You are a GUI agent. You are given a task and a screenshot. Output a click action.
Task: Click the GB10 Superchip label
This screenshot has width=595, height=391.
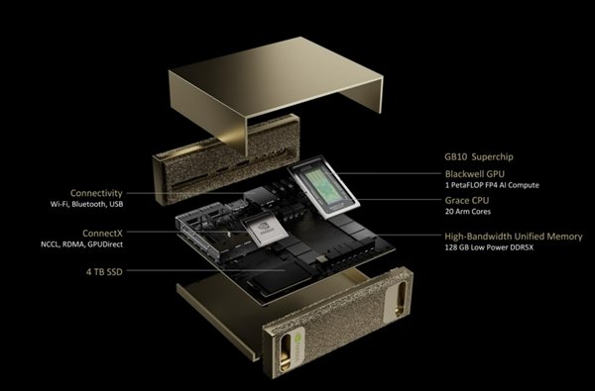tap(479, 156)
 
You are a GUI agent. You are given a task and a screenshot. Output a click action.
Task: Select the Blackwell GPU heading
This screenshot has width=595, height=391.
tap(475, 174)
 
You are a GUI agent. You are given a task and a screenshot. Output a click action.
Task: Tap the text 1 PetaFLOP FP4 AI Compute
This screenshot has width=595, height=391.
tap(492, 185)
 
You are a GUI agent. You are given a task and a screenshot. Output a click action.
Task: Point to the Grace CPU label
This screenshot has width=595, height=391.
tap(467, 200)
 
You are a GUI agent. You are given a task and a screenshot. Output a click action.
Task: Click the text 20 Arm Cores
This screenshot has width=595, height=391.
tap(467, 212)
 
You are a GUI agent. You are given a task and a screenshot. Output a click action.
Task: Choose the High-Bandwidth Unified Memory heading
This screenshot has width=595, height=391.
tap(514, 237)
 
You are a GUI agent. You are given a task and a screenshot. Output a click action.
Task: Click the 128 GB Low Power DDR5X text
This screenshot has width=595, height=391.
tap(489, 247)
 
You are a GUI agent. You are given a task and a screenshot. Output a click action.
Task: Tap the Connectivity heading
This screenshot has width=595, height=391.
tap(96, 193)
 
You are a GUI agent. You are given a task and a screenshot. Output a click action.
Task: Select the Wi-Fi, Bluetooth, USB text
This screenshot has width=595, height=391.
tap(87, 204)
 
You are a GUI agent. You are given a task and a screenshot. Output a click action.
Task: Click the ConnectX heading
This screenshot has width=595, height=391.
tap(102, 233)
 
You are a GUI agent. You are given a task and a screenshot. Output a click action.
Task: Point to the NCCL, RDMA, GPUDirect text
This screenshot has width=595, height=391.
tap(82, 244)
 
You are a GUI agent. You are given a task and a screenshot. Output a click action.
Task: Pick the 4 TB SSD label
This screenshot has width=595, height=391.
tap(104, 271)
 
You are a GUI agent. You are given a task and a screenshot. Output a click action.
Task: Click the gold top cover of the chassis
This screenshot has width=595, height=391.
tap(276, 76)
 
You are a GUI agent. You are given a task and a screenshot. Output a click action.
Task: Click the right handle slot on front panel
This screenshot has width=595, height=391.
tap(400, 298)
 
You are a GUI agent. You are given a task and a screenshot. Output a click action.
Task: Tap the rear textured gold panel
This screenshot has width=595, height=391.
tap(227, 159)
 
